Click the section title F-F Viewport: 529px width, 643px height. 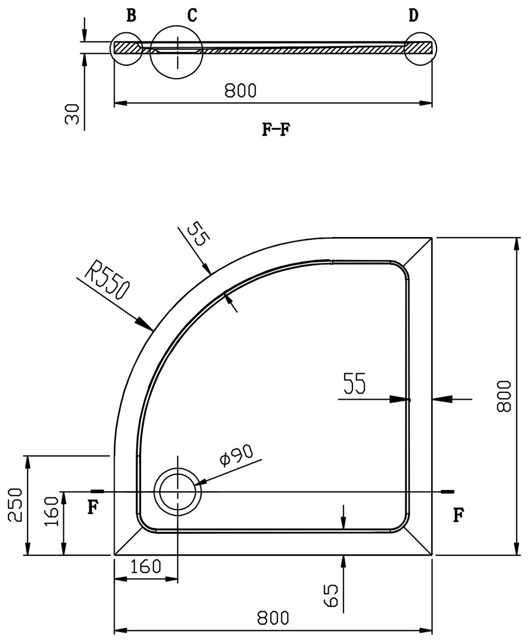(276, 129)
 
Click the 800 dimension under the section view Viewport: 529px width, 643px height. (240, 90)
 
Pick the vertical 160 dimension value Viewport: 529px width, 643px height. (51, 511)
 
